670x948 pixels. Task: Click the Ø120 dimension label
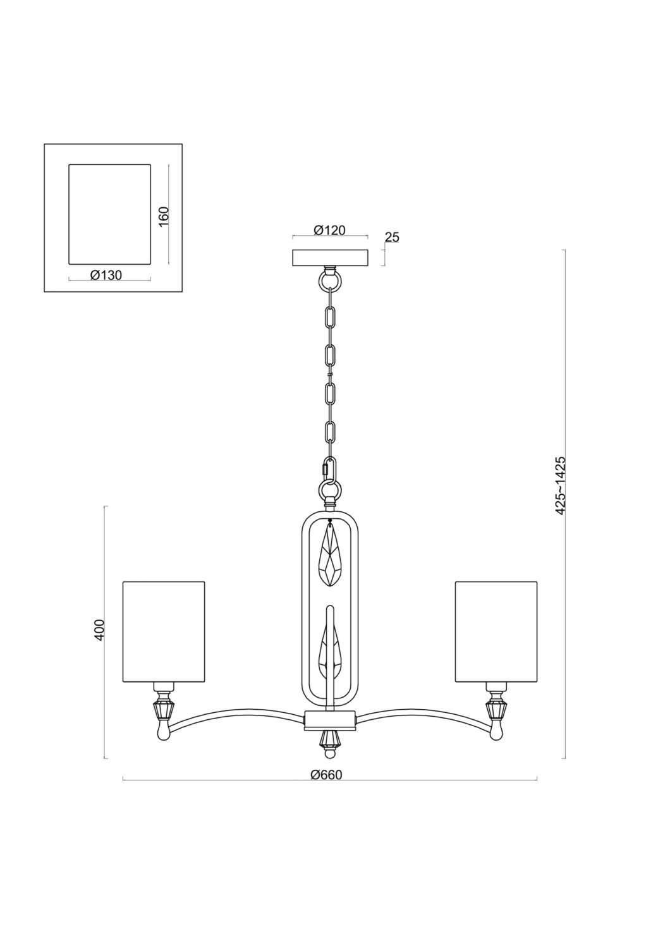(x=329, y=231)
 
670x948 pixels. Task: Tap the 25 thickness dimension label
(x=392, y=238)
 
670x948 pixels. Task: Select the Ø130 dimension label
(x=106, y=275)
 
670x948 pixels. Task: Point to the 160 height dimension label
(x=164, y=217)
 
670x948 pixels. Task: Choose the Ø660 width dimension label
(x=326, y=775)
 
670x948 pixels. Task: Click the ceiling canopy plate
(x=330, y=258)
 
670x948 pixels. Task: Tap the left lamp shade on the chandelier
(x=164, y=631)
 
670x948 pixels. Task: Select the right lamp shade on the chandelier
(x=496, y=631)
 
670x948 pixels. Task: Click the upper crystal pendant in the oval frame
(x=331, y=556)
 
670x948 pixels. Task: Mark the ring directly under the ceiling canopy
(x=329, y=279)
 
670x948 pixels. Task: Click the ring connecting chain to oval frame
(x=330, y=489)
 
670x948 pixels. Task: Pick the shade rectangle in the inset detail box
(x=109, y=214)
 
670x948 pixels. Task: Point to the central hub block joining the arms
(x=330, y=719)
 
